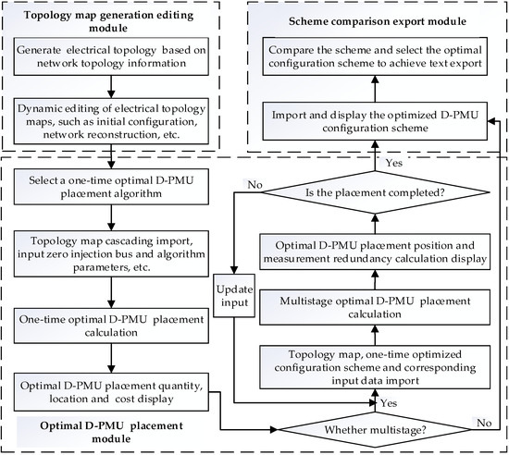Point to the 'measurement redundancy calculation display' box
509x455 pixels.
coord(375,251)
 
